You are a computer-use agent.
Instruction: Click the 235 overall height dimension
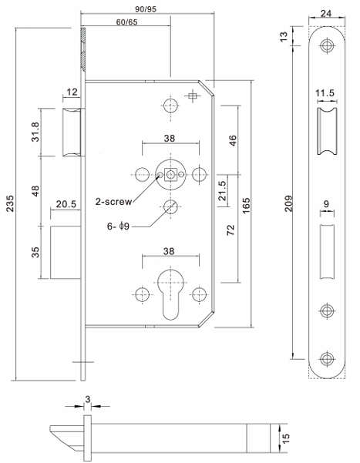(10, 203)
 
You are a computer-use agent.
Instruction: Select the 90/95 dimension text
(146, 8)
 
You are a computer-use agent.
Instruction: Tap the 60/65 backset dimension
(126, 22)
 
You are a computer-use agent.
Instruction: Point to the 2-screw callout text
(113, 202)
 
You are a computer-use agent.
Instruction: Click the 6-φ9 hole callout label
(118, 226)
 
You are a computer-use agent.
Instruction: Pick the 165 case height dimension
(246, 206)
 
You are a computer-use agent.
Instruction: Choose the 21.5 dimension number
(222, 190)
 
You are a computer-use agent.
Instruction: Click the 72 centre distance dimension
(230, 230)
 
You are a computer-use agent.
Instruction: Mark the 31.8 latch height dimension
(35, 132)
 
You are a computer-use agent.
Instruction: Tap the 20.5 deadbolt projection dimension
(66, 203)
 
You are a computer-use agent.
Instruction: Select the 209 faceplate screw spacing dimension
(288, 203)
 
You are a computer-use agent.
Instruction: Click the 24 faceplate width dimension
(326, 13)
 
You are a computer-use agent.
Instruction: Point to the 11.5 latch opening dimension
(325, 93)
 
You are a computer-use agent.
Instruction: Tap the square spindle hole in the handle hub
(170, 175)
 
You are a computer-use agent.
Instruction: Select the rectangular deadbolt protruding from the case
(66, 253)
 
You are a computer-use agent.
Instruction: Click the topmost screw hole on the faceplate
(327, 45)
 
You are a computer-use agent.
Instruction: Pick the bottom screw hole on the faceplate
(327, 359)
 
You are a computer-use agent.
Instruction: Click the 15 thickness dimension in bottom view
(285, 438)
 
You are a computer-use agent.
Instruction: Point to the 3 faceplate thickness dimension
(87, 399)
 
